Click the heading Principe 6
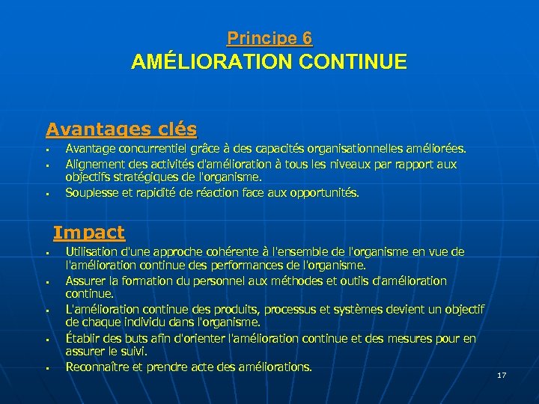pos(269,38)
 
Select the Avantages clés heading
pos(121,129)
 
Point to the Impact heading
pos(89,233)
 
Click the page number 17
pos(502,375)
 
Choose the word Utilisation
pos(92,252)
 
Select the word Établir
pos(81,339)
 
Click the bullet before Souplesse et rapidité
pos(46,195)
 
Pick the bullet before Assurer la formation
pos(46,283)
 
